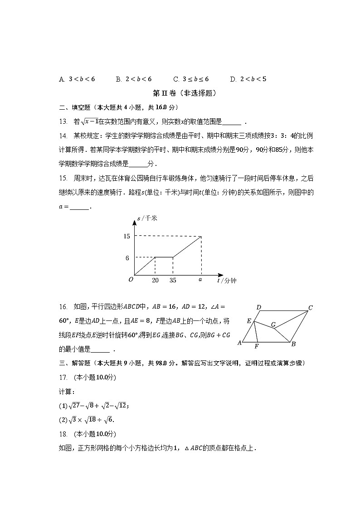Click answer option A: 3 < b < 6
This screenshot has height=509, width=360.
77,79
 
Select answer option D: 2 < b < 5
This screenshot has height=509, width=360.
248,79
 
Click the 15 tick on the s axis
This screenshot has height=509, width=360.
126,236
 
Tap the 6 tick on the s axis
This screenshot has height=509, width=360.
127,258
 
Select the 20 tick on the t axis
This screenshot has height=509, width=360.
155,281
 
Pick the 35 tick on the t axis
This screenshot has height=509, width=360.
173,281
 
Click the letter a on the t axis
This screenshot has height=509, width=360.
200,280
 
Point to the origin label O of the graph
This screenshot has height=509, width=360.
131,280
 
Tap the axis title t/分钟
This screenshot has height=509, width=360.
227,281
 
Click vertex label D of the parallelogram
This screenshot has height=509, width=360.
258,308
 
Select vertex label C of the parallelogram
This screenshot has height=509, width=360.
311,308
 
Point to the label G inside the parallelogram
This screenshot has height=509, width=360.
273,325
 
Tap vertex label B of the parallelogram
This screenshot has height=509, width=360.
293,344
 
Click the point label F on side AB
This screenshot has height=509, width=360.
257,347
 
